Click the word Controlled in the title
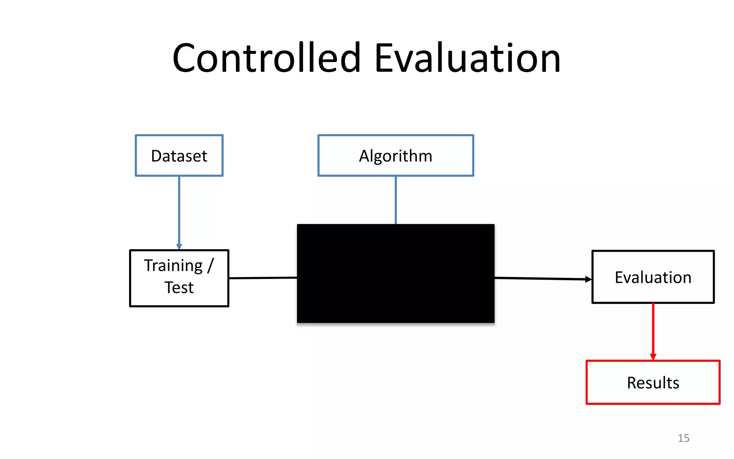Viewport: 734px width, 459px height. [266, 58]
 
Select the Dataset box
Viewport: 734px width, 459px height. [179, 156]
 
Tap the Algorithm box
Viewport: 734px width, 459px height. [395, 156]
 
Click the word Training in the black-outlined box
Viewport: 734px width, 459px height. [173, 266]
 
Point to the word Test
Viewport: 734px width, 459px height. [179, 288]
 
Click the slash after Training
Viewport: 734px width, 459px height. [210, 266]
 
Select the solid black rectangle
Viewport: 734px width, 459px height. [395, 274]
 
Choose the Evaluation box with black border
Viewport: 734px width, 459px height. [653, 277]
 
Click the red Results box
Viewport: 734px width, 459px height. [653, 382]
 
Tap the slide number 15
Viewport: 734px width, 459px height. [683, 438]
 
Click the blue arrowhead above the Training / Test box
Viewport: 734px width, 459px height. [179, 247]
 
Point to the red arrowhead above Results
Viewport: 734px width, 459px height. [653, 356]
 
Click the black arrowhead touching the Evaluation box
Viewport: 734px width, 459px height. [588, 279]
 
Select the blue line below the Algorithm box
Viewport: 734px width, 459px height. [396, 200]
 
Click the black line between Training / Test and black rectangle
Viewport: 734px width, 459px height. [263, 278]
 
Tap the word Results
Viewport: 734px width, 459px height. [653, 383]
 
